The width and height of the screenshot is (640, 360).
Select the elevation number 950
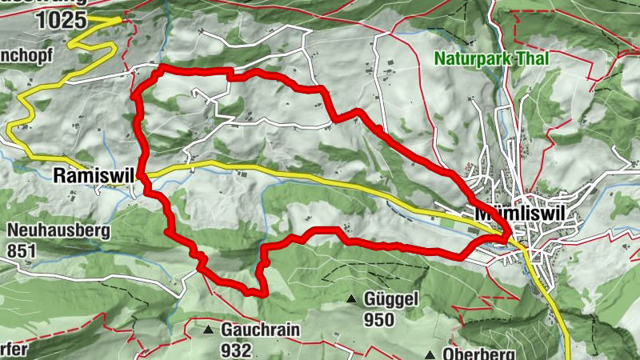coord(378,320)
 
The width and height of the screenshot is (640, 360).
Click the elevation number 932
coord(237,349)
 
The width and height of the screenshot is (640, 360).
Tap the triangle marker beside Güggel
coord(350,301)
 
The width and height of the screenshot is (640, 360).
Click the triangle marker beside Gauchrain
coord(208,330)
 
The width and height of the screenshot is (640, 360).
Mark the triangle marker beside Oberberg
coord(430,354)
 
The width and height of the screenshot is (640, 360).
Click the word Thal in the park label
coord(518,58)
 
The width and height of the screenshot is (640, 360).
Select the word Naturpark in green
coord(468,58)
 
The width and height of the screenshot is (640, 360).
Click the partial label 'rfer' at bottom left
coord(14,350)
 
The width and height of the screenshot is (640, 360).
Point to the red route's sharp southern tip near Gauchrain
coord(262,294)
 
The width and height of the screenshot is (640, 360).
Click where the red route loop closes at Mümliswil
coord(507,235)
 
